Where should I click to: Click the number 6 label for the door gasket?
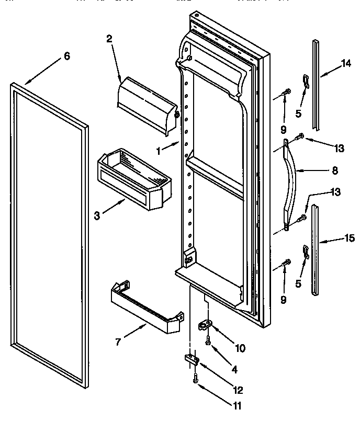click(66, 56)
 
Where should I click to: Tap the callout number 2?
click(109, 38)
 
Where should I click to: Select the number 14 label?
click(346, 64)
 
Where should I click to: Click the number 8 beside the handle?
click(335, 170)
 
